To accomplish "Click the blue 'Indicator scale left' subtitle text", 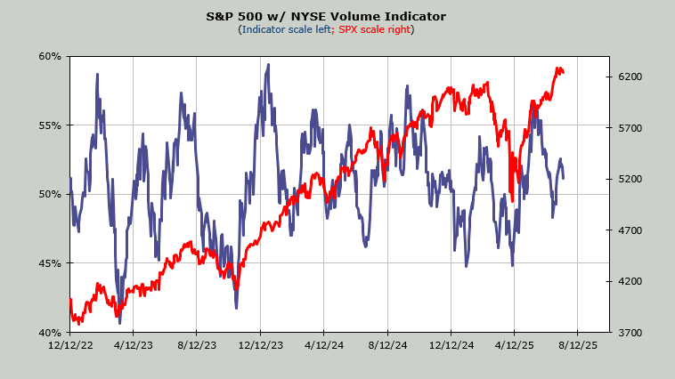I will (285, 29).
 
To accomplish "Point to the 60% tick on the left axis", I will (50, 56).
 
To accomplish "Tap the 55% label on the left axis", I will (50, 125).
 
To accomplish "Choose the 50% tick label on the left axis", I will (50, 194).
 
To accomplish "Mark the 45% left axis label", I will (50, 263).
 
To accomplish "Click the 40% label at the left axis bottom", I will (50, 332).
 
